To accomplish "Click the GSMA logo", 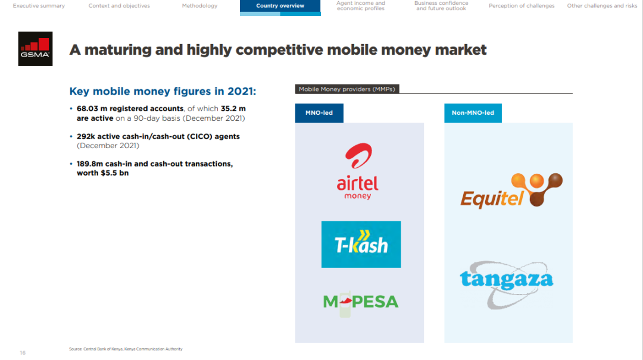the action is point(35,49).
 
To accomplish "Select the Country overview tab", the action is point(280,6).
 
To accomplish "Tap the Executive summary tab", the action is point(39,6).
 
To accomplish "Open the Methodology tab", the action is point(199,6).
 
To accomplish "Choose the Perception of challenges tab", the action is point(522,6).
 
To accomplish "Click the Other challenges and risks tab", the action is point(602,6).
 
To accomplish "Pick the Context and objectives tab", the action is point(119,6).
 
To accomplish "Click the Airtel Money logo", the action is point(358,171).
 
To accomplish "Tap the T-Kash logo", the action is point(361,245).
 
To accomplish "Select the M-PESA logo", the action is point(361,303).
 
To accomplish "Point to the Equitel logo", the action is point(511,190).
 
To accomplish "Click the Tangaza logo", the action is point(507,284).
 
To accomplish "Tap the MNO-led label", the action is point(319,112).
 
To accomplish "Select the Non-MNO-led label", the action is point(473,112).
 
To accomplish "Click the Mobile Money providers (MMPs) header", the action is point(347,89).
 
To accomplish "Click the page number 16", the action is point(23,353).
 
